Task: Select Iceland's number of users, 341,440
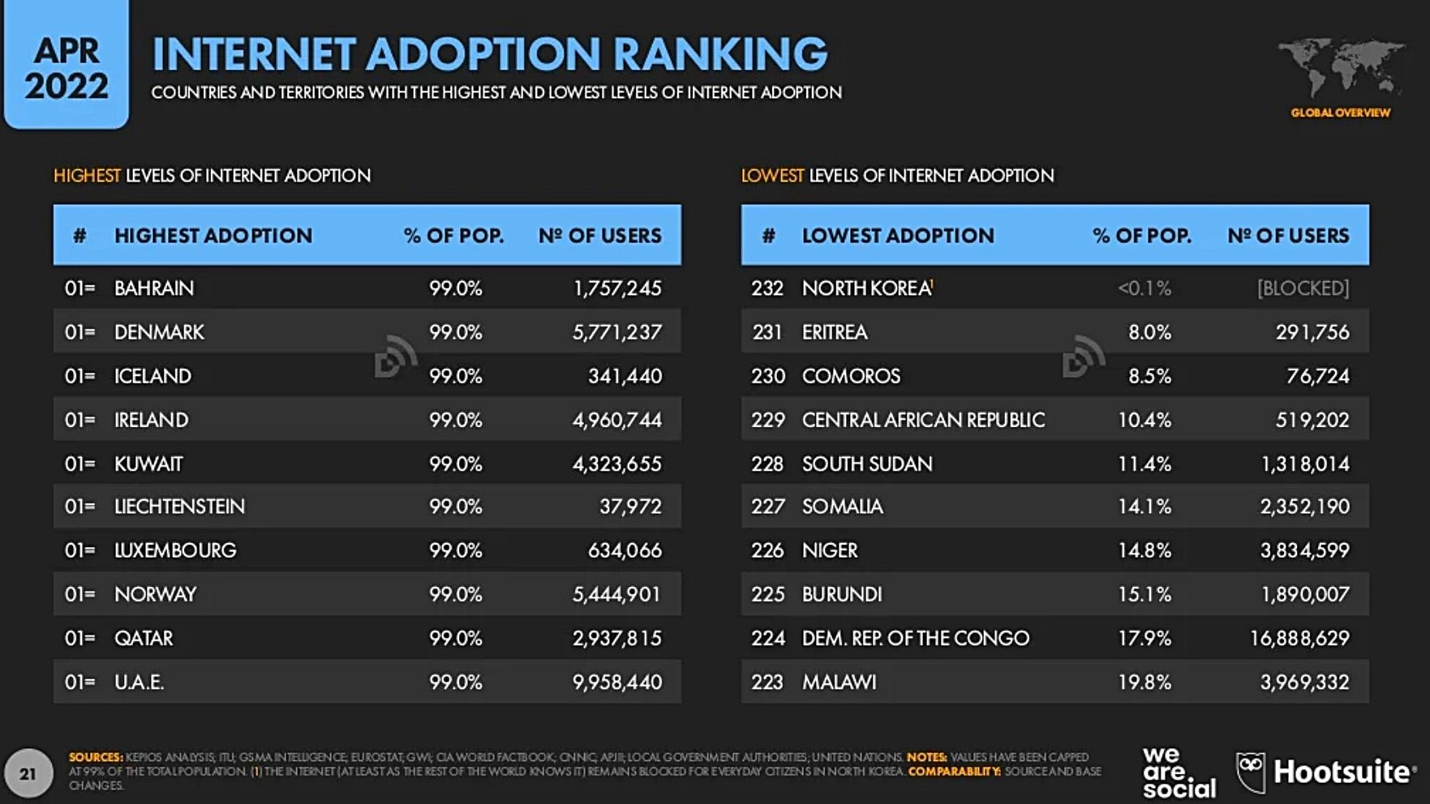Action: pyautogui.click(x=625, y=376)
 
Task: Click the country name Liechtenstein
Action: pyautogui.click(x=179, y=507)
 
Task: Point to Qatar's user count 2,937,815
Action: pyautogui.click(x=616, y=639)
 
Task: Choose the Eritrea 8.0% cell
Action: pyautogui.click(x=1149, y=332)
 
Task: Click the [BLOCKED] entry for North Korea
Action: pyautogui.click(x=1303, y=289)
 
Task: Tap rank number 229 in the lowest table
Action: pyautogui.click(x=767, y=420)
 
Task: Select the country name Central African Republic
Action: pyautogui.click(x=923, y=420)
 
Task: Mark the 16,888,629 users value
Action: pyautogui.click(x=1299, y=639)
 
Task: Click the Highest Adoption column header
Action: pyautogui.click(x=213, y=236)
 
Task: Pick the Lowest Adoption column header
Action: pyautogui.click(x=898, y=236)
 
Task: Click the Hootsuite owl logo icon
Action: pyautogui.click(x=1250, y=771)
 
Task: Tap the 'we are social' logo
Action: pyautogui.click(x=1179, y=772)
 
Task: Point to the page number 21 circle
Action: pyautogui.click(x=28, y=774)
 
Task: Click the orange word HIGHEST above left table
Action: pyautogui.click(x=87, y=176)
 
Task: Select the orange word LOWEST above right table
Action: pyautogui.click(x=772, y=176)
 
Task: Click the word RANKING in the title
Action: pyautogui.click(x=719, y=54)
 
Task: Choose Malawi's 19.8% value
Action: pyautogui.click(x=1144, y=682)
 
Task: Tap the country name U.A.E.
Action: pyautogui.click(x=139, y=682)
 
